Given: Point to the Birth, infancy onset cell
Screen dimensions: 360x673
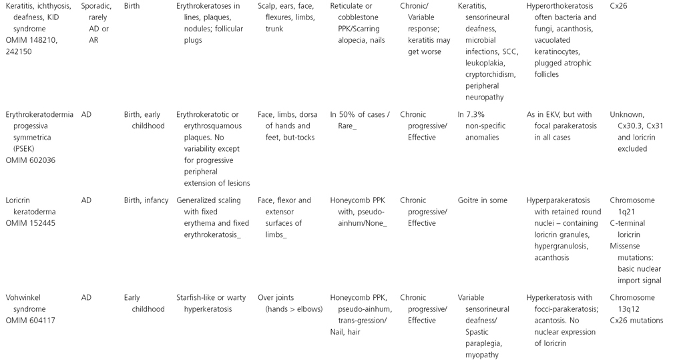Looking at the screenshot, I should point(146,200).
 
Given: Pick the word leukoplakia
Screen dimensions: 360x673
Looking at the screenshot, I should point(482,63).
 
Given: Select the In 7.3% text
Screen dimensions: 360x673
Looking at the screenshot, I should point(473,114).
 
